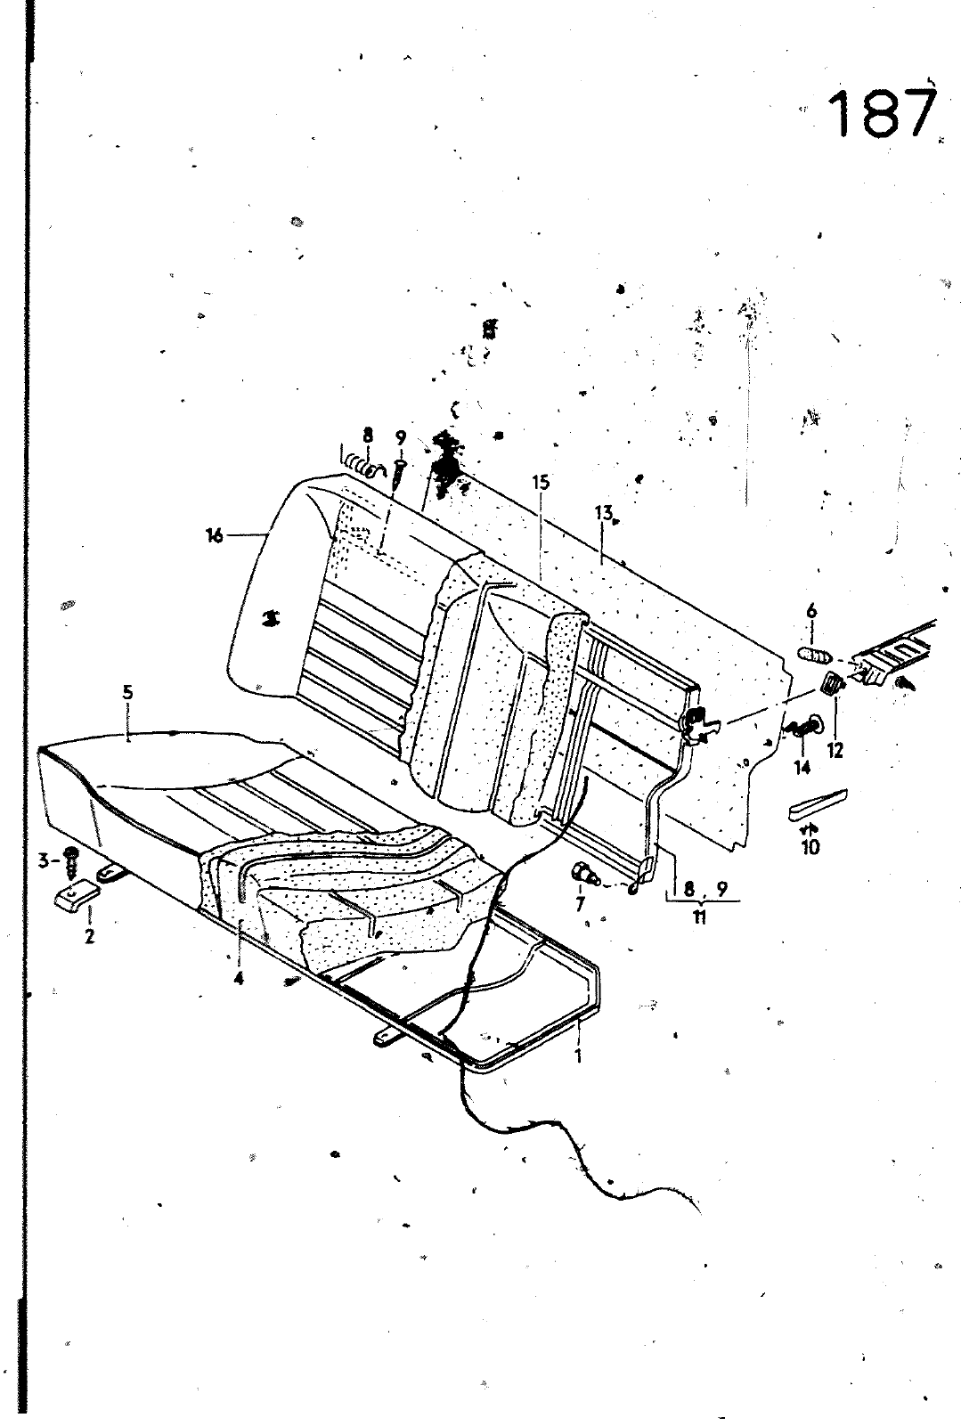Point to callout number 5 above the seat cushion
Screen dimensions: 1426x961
127,691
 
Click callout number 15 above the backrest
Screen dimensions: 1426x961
541,483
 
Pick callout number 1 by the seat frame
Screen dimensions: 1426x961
578,1056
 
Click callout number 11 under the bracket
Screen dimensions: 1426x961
699,918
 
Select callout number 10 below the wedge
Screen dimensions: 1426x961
810,847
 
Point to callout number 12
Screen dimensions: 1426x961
834,751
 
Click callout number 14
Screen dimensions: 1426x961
802,766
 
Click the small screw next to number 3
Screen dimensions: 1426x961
72,860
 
